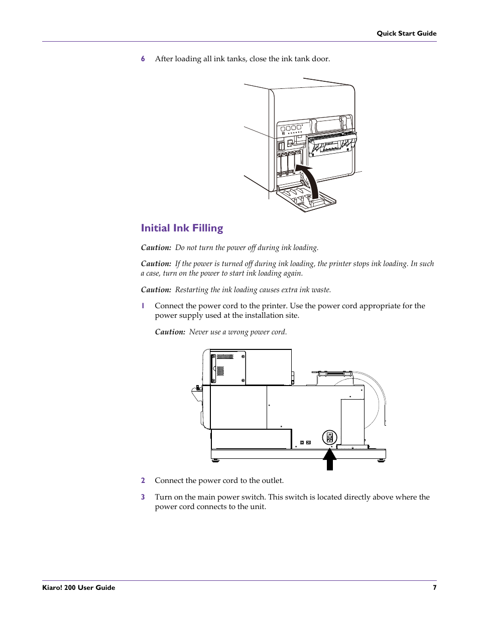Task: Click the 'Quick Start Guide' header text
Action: coord(406,33)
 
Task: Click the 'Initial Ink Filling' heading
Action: coord(182,228)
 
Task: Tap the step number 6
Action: coord(143,59)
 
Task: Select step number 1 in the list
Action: coord(143,306)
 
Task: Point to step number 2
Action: coord(143,480)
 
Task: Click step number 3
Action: coord(143,497)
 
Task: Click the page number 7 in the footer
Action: coord(434,587)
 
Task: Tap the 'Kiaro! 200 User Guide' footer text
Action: coord(79,587)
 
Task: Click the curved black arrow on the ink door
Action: coord(309,181)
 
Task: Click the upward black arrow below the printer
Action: coord(329,459)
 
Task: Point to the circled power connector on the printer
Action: coord(329,438)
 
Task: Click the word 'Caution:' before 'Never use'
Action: coord(170,332)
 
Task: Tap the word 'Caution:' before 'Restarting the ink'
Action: coord(156,290)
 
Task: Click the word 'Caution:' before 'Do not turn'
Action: coord(156,247)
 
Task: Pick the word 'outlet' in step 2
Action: coord(272,480)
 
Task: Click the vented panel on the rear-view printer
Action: coord(228,368)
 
